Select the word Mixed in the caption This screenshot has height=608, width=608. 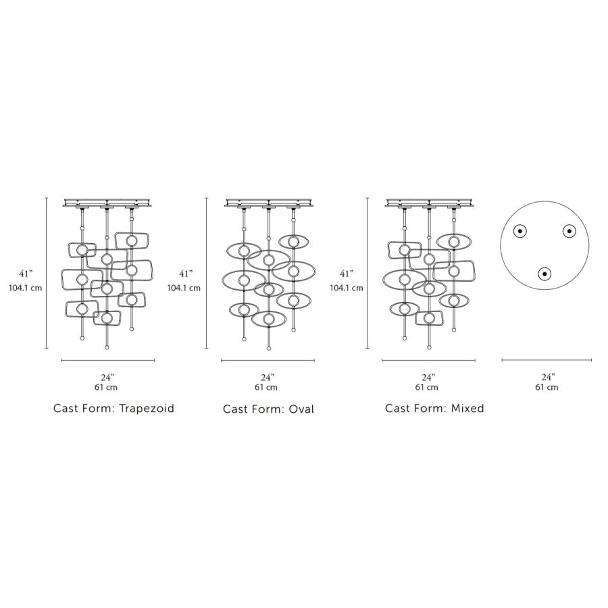[467, 409]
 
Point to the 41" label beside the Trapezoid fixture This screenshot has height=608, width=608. [26, 274]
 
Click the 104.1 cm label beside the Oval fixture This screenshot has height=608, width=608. [184, 288]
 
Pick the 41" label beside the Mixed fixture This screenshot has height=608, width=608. [347, 274]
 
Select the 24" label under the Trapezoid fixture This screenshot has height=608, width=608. [107, 377]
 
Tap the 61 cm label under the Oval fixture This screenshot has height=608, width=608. [266, 388]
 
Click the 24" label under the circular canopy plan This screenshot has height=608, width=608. [547, 377]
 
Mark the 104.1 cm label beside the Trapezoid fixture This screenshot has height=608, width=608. [26, 288]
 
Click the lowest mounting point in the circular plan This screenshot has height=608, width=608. [544, 274]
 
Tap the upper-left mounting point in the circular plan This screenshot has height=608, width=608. [520, 231]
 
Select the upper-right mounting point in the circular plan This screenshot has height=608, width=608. [569, 231]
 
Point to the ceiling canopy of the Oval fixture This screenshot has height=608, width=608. [268, 202]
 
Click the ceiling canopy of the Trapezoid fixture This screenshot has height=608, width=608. [107, 202]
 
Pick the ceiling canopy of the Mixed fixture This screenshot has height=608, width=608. [429, 202]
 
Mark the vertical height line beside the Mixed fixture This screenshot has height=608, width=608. [368, 273]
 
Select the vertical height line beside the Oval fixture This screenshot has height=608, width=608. [206, 273]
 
